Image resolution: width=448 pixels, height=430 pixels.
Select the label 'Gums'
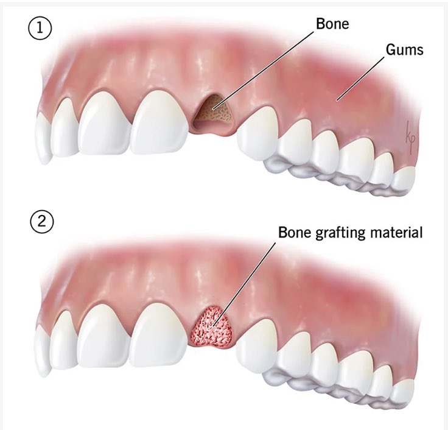[404, 49]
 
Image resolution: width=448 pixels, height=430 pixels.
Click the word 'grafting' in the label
[335, 233]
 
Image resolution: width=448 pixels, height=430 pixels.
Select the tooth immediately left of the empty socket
[159, 125]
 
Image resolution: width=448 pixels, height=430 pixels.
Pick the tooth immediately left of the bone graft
[159, 335]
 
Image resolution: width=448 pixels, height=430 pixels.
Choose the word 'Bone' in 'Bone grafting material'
[292, 233]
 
